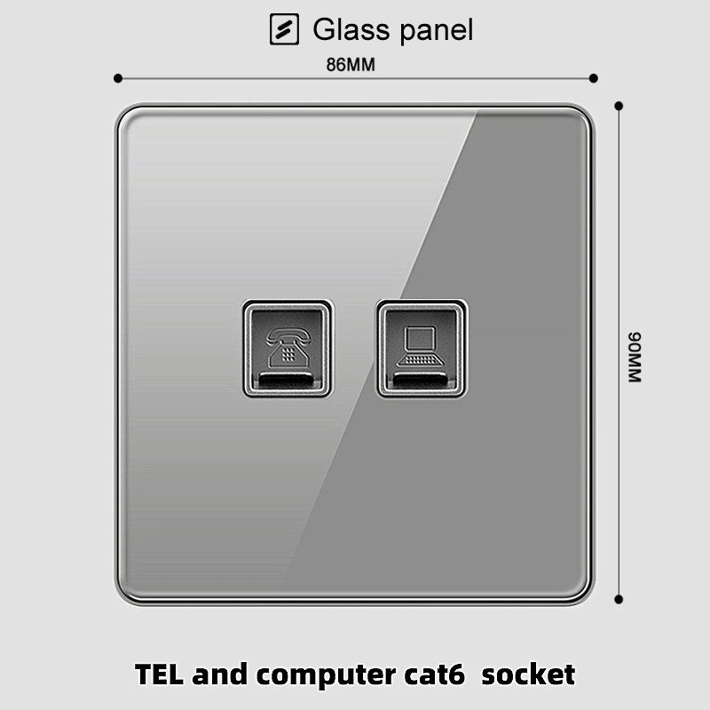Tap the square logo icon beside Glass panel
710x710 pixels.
284,29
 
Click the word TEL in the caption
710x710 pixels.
162,674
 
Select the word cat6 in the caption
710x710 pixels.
448,674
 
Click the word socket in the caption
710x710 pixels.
530,674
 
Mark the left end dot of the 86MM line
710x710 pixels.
117,79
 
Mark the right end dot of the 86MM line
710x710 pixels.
593,79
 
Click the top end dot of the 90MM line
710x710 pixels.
619,106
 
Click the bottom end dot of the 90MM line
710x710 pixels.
619,603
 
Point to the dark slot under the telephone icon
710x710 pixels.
288,383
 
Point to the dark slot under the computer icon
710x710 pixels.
421,383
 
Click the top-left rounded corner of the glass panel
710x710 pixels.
124,114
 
